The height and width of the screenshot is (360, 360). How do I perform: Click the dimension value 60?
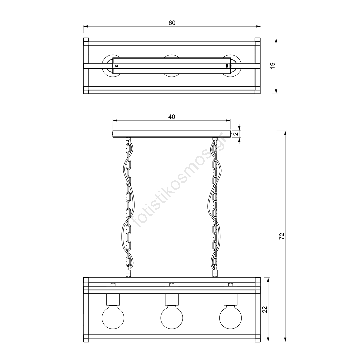click(x=172, y=23)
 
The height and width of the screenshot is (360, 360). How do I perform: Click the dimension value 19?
click(x=273, y=66)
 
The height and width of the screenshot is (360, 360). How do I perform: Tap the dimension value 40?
click(x=172, y=117)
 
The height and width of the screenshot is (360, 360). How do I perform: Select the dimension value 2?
click(x=236, y=134)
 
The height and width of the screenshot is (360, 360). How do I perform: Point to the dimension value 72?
click(x=282, y=236)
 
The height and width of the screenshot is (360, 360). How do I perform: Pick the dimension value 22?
click(x=265, y=309)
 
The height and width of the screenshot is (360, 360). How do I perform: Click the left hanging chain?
click(x=129, y=207)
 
